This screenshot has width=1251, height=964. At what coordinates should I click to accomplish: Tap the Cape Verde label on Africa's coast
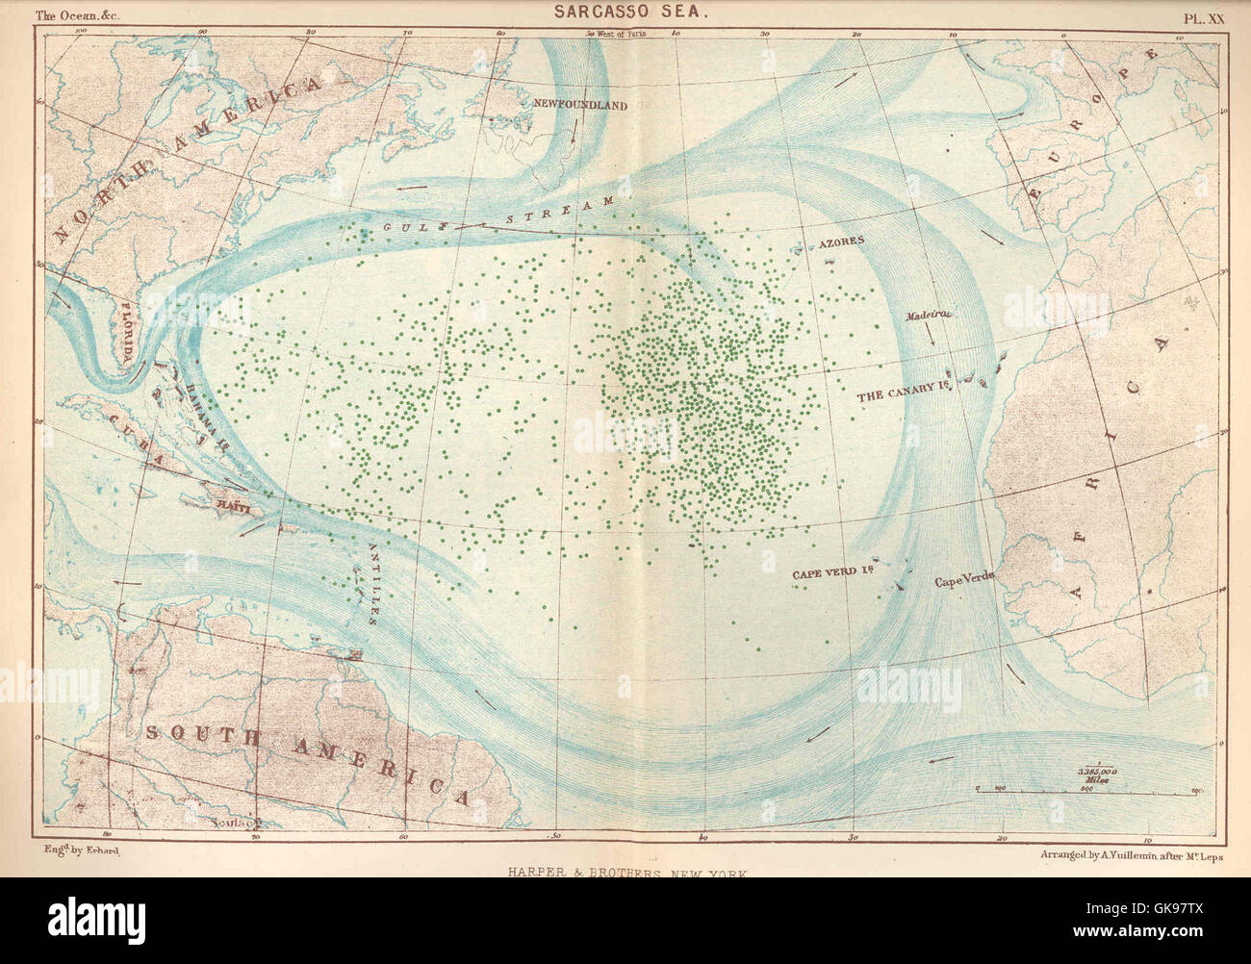click(x=964, y=581)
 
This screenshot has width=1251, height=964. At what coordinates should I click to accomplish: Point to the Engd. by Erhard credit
click(x=81, y=851)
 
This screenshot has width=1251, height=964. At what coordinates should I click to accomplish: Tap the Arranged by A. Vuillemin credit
click(x=1131, y=854)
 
